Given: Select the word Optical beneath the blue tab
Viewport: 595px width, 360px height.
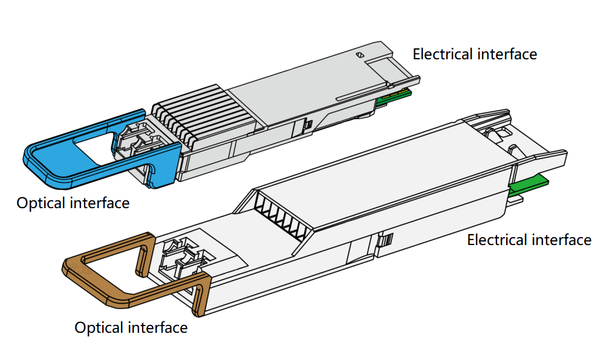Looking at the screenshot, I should coord(41,203).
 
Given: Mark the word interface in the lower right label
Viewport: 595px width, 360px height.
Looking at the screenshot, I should coord(561,240).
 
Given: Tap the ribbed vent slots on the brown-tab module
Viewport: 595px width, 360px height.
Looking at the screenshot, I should coord(278,215).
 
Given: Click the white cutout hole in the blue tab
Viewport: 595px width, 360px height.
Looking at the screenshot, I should coord(91,145).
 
